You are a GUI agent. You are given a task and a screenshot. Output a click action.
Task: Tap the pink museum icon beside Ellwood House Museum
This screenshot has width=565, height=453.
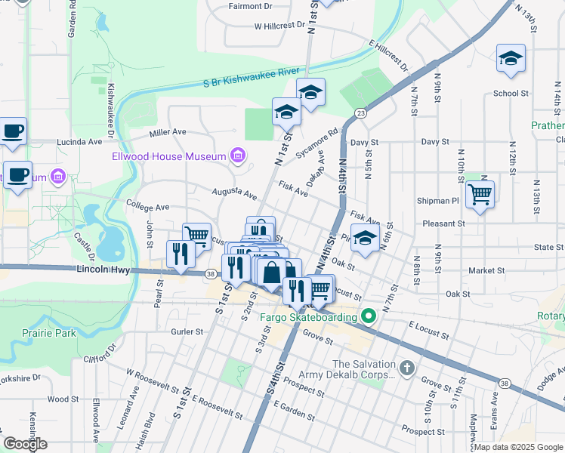pyautogui.click(x=237, y=156)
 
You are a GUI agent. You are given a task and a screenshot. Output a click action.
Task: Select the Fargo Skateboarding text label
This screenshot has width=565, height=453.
pyautogui.click(x=308, y=317)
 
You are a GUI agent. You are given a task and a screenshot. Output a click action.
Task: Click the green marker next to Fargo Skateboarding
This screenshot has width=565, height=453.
pyautogui.click(x=368, y=316)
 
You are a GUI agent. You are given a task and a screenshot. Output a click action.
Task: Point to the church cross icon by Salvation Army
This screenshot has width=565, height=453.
pyautogui.click(x=406, y=368)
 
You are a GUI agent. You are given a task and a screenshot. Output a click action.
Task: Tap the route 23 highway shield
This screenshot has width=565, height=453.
pyautogui.click(x=361, y=113)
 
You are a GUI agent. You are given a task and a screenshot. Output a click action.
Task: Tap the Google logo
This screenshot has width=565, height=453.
pyautogui.click(x=25, y=444)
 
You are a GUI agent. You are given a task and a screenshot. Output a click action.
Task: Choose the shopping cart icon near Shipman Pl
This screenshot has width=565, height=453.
pyautogui.click(x=480, y=195)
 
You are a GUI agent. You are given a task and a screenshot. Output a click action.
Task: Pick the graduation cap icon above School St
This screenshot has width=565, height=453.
pyautogui.click(x=511, y=59)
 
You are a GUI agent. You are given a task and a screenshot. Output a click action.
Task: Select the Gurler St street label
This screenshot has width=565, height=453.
pyautogui.click(x=187, y=331)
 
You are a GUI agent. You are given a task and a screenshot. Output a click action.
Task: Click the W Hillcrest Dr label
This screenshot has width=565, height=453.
pyautogui.click(x=279, y=25)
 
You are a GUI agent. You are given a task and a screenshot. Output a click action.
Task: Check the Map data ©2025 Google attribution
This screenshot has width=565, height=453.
pyautogui.click(x=517, y=447)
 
